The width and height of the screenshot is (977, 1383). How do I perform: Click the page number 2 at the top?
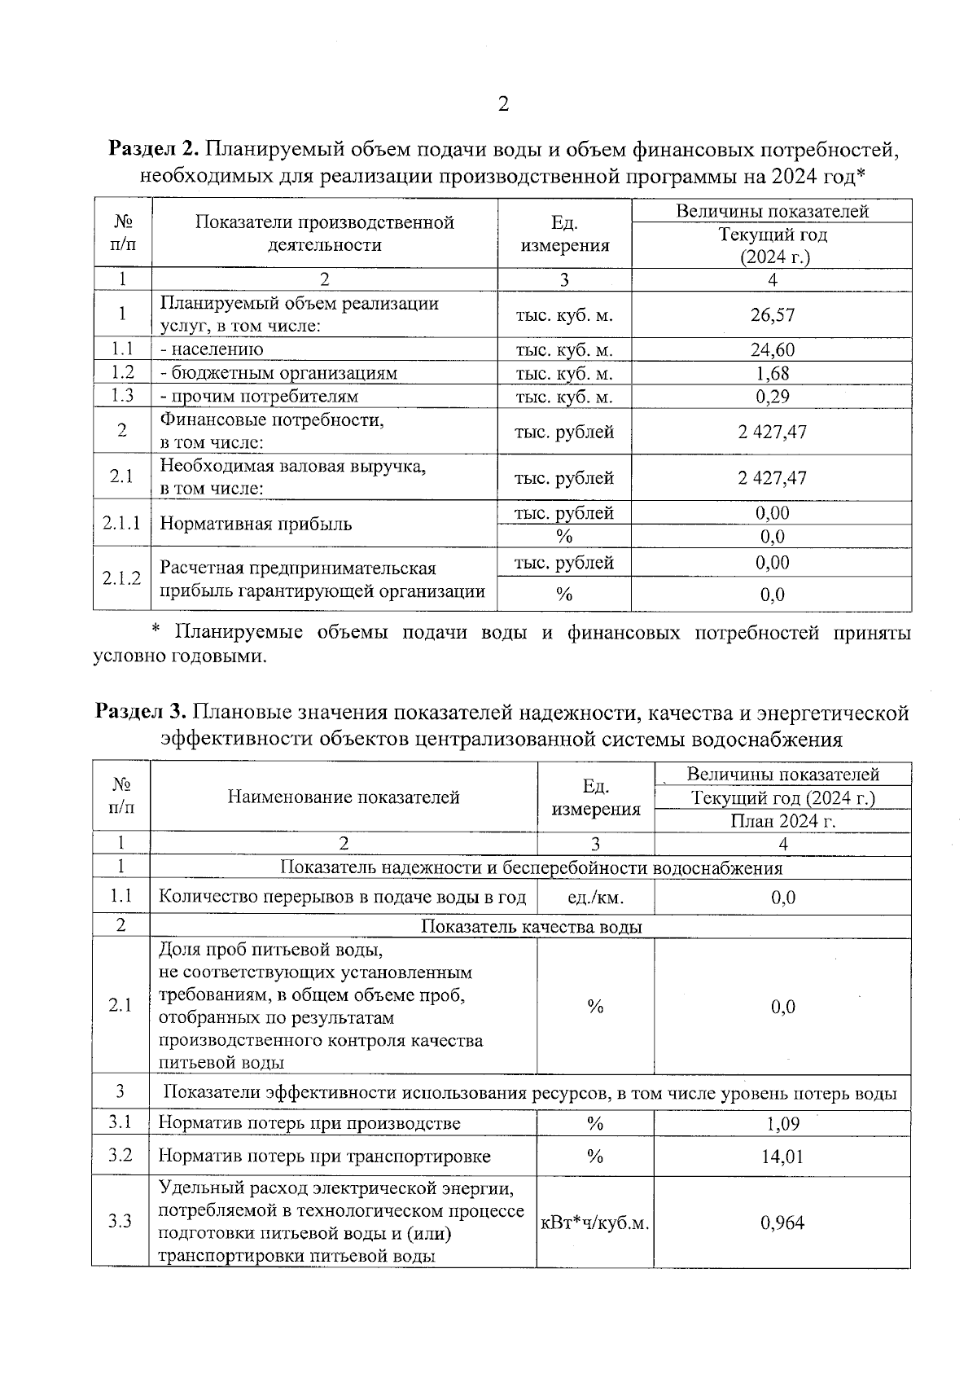pyautogui.click(x=502, y=104)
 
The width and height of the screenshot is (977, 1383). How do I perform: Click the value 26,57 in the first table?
pyautogui.click(x=772, y=315)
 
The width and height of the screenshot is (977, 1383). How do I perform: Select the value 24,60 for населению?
pyautogui.click(x=772, y=350)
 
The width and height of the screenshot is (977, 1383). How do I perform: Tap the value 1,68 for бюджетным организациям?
pyautogui.click(x=772, y=374)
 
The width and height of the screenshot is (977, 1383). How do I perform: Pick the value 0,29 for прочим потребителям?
pyautogui.click(x=772, y=397)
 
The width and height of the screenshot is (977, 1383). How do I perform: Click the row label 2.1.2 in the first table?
pyautogui.click(x=121, y=578)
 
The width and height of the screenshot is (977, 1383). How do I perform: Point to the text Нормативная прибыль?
pyautogui.click(x=256, y=524)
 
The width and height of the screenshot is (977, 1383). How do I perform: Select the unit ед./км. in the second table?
pyautogui.click(x=596, y=898)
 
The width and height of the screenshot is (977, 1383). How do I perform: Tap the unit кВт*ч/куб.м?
pyautogui.click(x=595, y=1223)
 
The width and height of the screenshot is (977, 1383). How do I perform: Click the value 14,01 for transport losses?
pyautogui.click(x=782, y=1157)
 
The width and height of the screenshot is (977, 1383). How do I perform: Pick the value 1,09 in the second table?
pyautogui.click(x=782, y=1124)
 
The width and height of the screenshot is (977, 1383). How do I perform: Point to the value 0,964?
pyautogui.click(x=782, y=1223)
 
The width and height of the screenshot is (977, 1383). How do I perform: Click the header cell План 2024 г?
pyautogui.click(x=782, y=821)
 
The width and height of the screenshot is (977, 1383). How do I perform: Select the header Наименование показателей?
pyautogui.click(x=344, y=797)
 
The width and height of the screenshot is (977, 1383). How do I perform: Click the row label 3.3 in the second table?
pyautogui.click(x=120, y=1222)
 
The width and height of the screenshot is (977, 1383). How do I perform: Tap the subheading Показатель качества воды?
pyautogui.click(x=531, y=927)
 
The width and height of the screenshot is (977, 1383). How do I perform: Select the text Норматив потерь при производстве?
pyautogui.click(x=309, y=1124)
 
